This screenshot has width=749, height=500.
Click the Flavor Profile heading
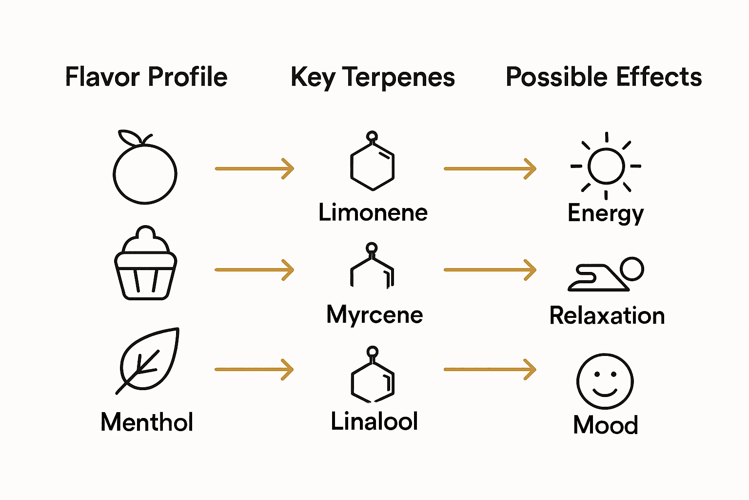click(146, 77)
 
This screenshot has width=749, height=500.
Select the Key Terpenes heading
click(373, 77)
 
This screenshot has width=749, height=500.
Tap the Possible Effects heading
click(604, 77)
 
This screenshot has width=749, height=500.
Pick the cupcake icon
click(145, 264)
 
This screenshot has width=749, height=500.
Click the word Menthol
click(147, 422)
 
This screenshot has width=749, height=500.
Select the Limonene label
click(373, 213)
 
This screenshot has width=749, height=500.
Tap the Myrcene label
click(374, 314)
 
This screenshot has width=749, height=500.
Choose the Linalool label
click(374, 421)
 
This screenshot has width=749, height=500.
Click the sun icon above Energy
click(606, 166)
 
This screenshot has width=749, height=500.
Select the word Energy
click(606, 214)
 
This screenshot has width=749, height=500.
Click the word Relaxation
click(607, 315)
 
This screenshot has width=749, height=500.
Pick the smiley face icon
click(605, 381)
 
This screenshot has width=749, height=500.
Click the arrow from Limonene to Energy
click(490, 168)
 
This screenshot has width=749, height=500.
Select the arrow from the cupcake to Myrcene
click(254, 270)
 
